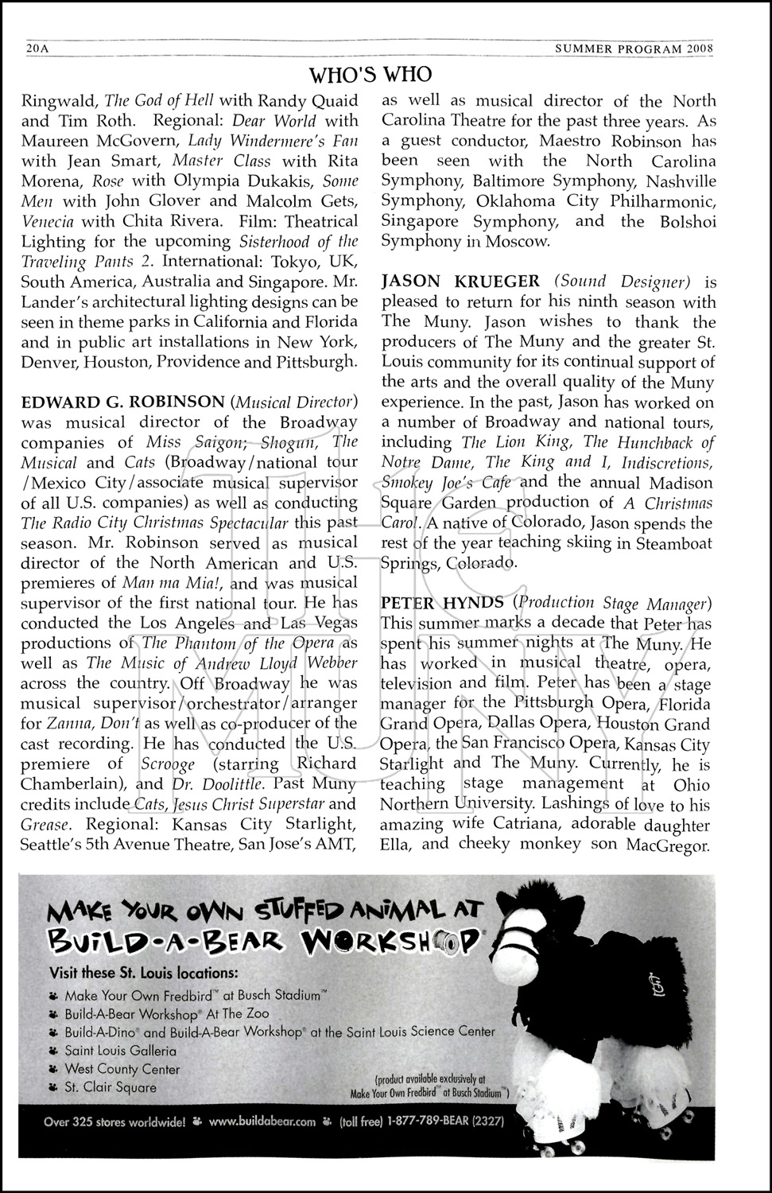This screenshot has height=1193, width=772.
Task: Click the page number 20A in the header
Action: click(x=37, y=48)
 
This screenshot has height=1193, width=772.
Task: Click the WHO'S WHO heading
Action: click(x=370, y=75)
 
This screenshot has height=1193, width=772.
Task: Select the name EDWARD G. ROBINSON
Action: click(x=123, y=402)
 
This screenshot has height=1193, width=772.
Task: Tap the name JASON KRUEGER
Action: click(x=460, y=282)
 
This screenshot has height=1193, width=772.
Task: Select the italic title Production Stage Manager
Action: click(x=612, y=603)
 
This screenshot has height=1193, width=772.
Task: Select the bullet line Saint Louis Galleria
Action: click(x=121, y=1051)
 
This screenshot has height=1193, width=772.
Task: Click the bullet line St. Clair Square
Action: click(x=111, y=1087)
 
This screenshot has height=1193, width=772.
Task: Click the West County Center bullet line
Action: click(x=122, y=1069)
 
